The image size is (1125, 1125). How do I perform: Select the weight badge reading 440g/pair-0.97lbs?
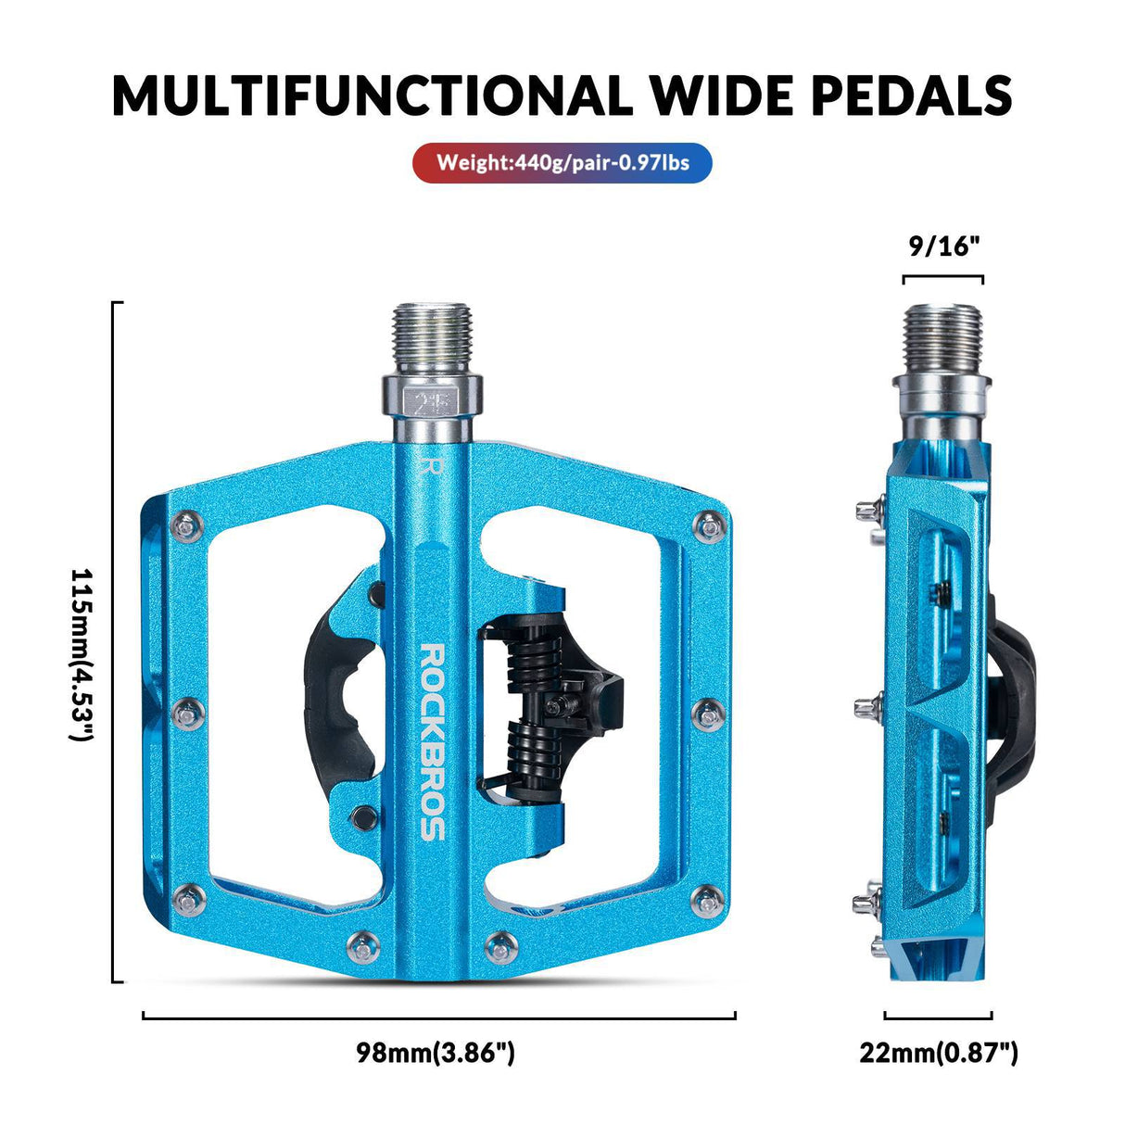point(562,163)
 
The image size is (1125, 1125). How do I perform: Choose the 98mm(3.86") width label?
point(436,1053)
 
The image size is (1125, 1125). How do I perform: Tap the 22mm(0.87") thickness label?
point(938,1053)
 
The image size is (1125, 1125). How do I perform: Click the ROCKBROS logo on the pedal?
point(433,740)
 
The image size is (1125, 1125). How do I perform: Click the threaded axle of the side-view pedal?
point(942,336)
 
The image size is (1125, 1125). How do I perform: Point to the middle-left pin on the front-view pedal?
point(189,712)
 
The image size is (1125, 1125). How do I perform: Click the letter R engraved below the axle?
point(428,463)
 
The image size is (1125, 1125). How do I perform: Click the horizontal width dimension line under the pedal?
point(438,1017)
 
